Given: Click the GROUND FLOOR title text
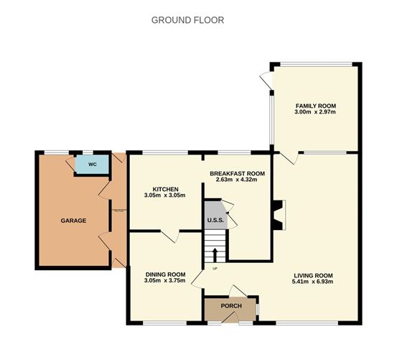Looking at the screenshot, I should pos(187,20).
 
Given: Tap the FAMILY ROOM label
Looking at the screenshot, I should pos(315,106).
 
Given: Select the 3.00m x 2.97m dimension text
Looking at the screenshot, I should pos(315,113).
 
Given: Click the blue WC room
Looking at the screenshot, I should pos(93,165).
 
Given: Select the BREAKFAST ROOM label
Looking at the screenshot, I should pos(238,173).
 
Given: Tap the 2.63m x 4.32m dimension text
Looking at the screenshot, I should pos(238,180).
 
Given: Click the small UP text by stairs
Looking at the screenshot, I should pos(214,269).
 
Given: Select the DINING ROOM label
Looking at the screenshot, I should pos(166,274).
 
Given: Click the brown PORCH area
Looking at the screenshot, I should pos(230,307).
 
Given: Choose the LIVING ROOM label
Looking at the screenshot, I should pos(314,274).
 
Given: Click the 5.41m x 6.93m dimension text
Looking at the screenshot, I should pos(314,281).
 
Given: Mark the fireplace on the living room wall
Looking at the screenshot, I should pos(279,215).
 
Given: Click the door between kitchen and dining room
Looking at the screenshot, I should pos(169,237).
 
